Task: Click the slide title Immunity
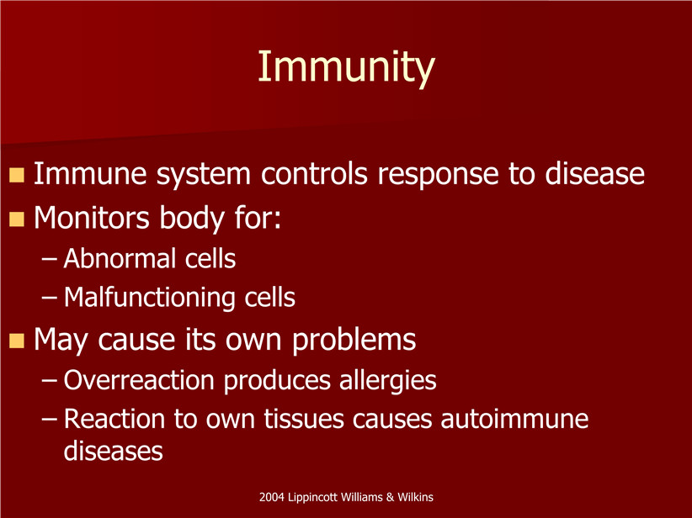[x=347, y=67]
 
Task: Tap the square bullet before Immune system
[x=16, y=175]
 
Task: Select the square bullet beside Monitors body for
[x=16, y=219]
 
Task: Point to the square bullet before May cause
[x=16, y=341]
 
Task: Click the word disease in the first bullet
[x=594, y=173]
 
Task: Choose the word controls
[x=314, y=173]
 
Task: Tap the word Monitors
[x=92, y=217]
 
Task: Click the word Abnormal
[x=120, y=258]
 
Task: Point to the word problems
[x=354, y=341]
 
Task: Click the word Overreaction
[x=139, y=380]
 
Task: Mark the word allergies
[x=388, y=381]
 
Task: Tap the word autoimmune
[x=514, y=419]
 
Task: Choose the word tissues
[x=304, y=419]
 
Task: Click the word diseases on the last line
[x=114, y=451]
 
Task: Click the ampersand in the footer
[x=390, y=497]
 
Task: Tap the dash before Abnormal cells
[x=50, y=260]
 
